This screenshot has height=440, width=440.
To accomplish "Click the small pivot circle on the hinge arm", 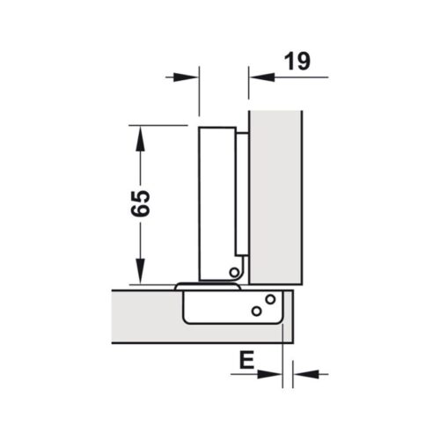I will [234, 272].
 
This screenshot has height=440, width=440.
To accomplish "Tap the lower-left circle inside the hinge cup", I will [255, 311].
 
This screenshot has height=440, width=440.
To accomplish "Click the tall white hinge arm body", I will [216, 202].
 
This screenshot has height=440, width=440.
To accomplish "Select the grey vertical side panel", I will [275, 194].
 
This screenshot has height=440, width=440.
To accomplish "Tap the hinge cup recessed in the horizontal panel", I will [229, 310].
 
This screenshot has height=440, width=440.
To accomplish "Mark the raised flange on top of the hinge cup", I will [209, 286].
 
